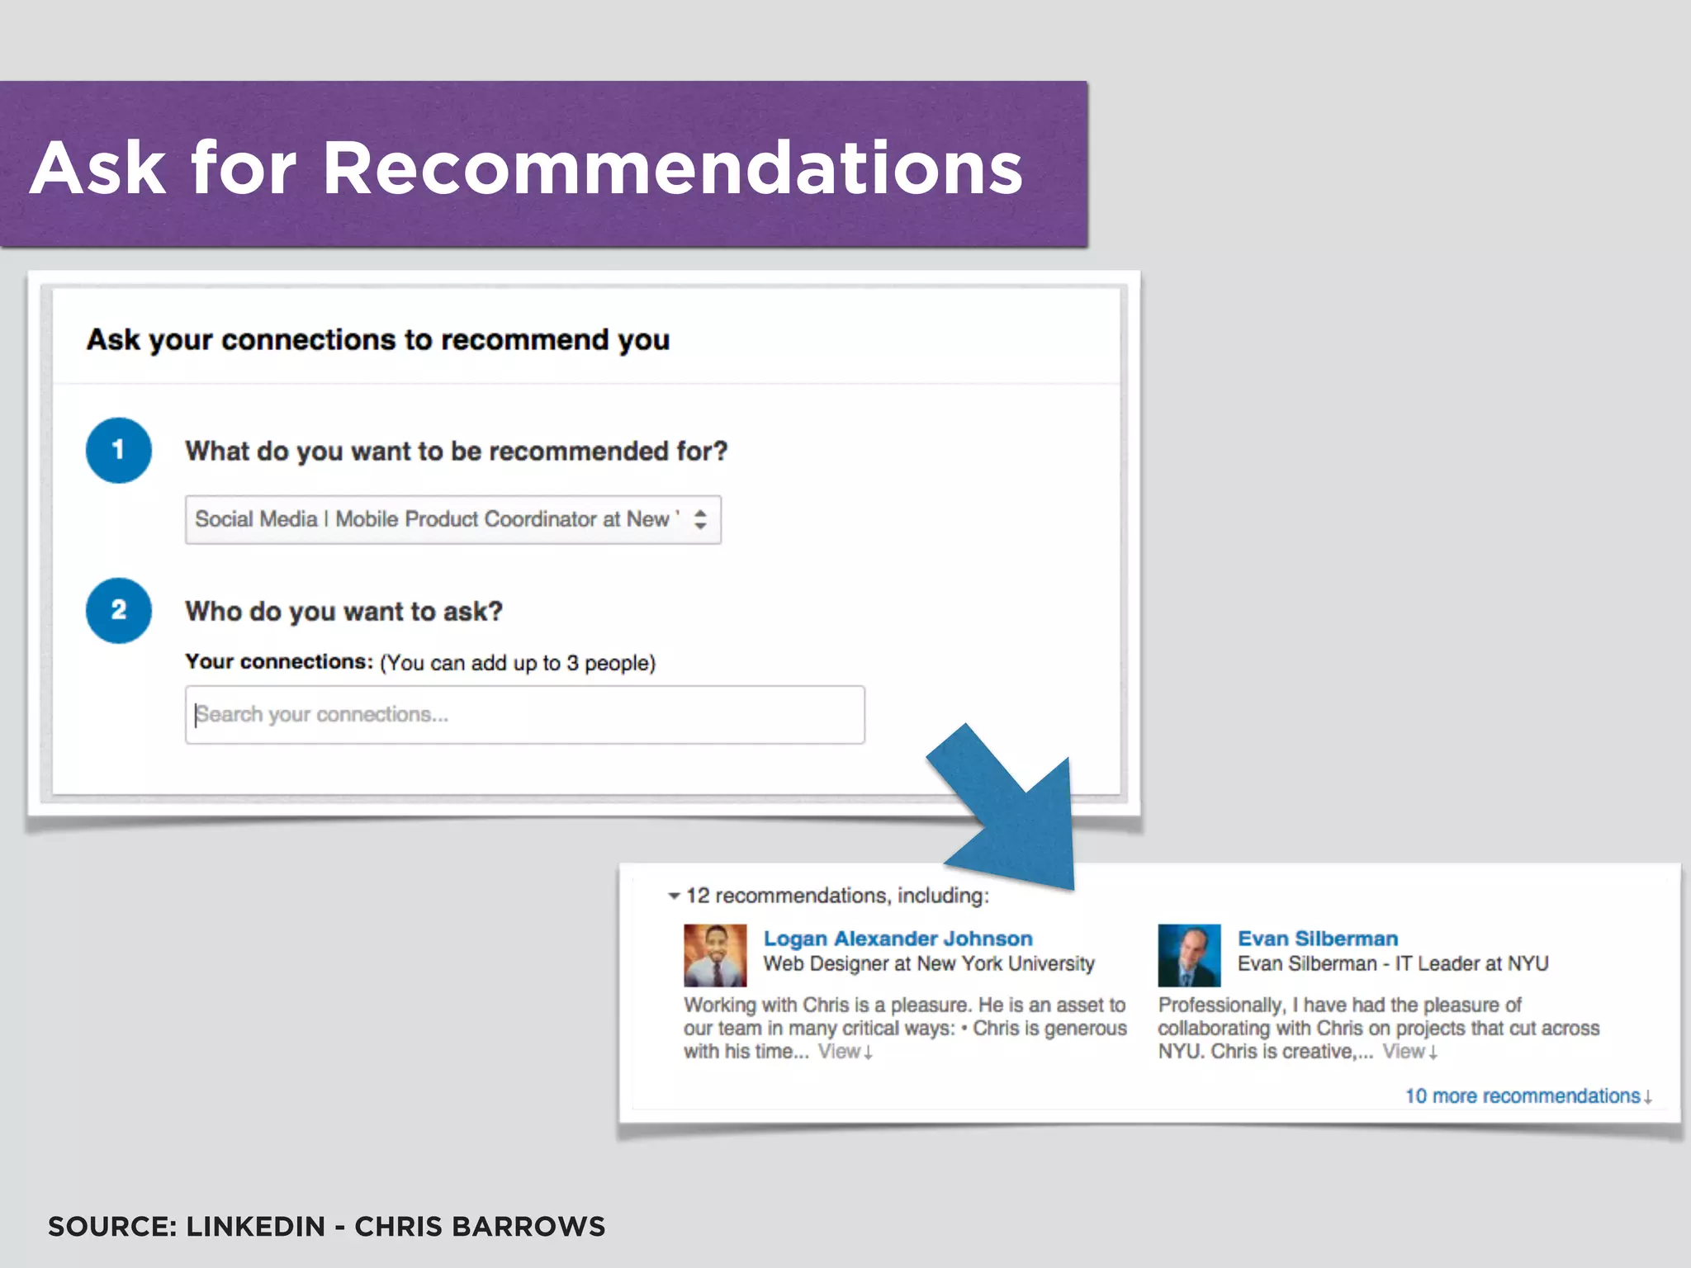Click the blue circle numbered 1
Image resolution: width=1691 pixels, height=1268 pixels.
[x=119, y=450]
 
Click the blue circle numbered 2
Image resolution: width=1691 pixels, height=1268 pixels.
[x=119, y=610]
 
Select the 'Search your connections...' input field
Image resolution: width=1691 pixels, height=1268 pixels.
[x=524, y=715]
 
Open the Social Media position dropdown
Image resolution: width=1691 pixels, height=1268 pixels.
[x=438, y=519]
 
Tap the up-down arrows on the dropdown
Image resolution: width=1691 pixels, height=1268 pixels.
[x=700, y=519]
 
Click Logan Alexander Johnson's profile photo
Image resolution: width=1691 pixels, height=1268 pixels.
[x=715, y=955]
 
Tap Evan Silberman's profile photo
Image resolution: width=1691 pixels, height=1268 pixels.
[x=1189, y=955]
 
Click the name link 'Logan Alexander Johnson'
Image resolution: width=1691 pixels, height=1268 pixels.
[x=898, y=939]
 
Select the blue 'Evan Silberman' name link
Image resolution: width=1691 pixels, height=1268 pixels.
[x=1317, y=939]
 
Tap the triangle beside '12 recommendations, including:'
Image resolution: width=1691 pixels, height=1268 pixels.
[x=674, y=896]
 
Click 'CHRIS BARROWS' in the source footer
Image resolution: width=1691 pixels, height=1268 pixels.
[x=480, y=1227]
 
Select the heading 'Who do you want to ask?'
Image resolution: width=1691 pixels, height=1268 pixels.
[x=343, y=612]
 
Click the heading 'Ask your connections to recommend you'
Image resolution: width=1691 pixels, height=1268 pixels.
[x=378, y=340]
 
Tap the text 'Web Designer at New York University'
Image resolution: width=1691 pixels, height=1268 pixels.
[x=929, y=963]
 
